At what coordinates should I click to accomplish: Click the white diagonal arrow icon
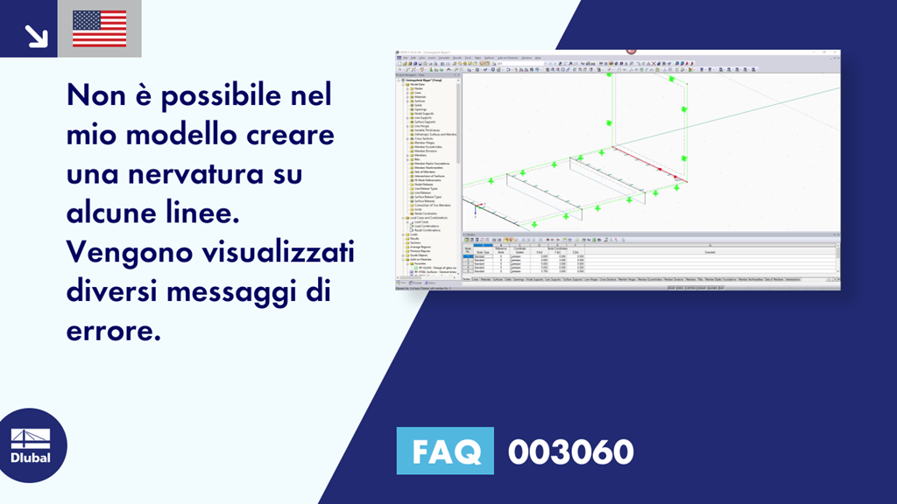click(x=36, y=35)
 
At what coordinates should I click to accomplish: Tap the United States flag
click(x=100, y=29)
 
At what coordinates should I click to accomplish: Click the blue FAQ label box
click(x=445, y=451)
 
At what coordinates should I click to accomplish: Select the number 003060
click(x=570, y=451)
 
